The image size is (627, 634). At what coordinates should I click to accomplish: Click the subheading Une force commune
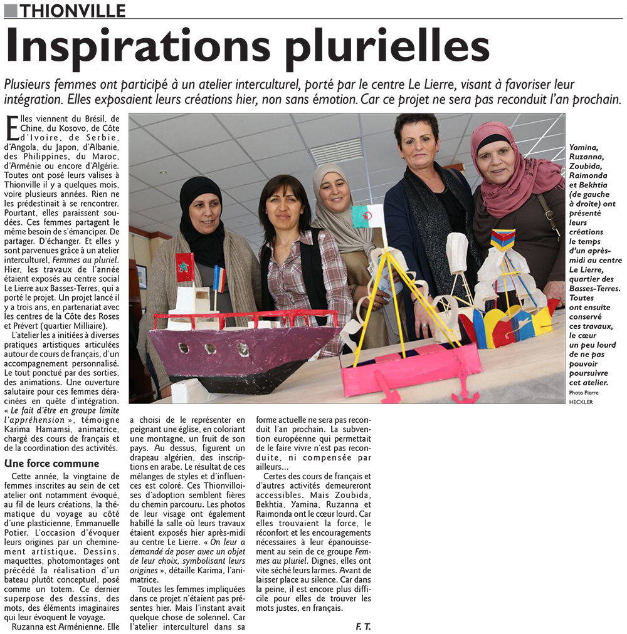point(51,464)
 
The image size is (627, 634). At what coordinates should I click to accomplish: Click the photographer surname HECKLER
point(581,402)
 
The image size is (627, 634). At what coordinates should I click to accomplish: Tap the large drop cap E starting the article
point(12,127)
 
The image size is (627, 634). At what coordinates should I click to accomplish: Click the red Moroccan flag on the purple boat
point(184,268)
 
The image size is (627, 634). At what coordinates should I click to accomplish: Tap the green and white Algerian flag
point(367,216)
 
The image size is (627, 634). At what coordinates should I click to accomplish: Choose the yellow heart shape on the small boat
point(493,325)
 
